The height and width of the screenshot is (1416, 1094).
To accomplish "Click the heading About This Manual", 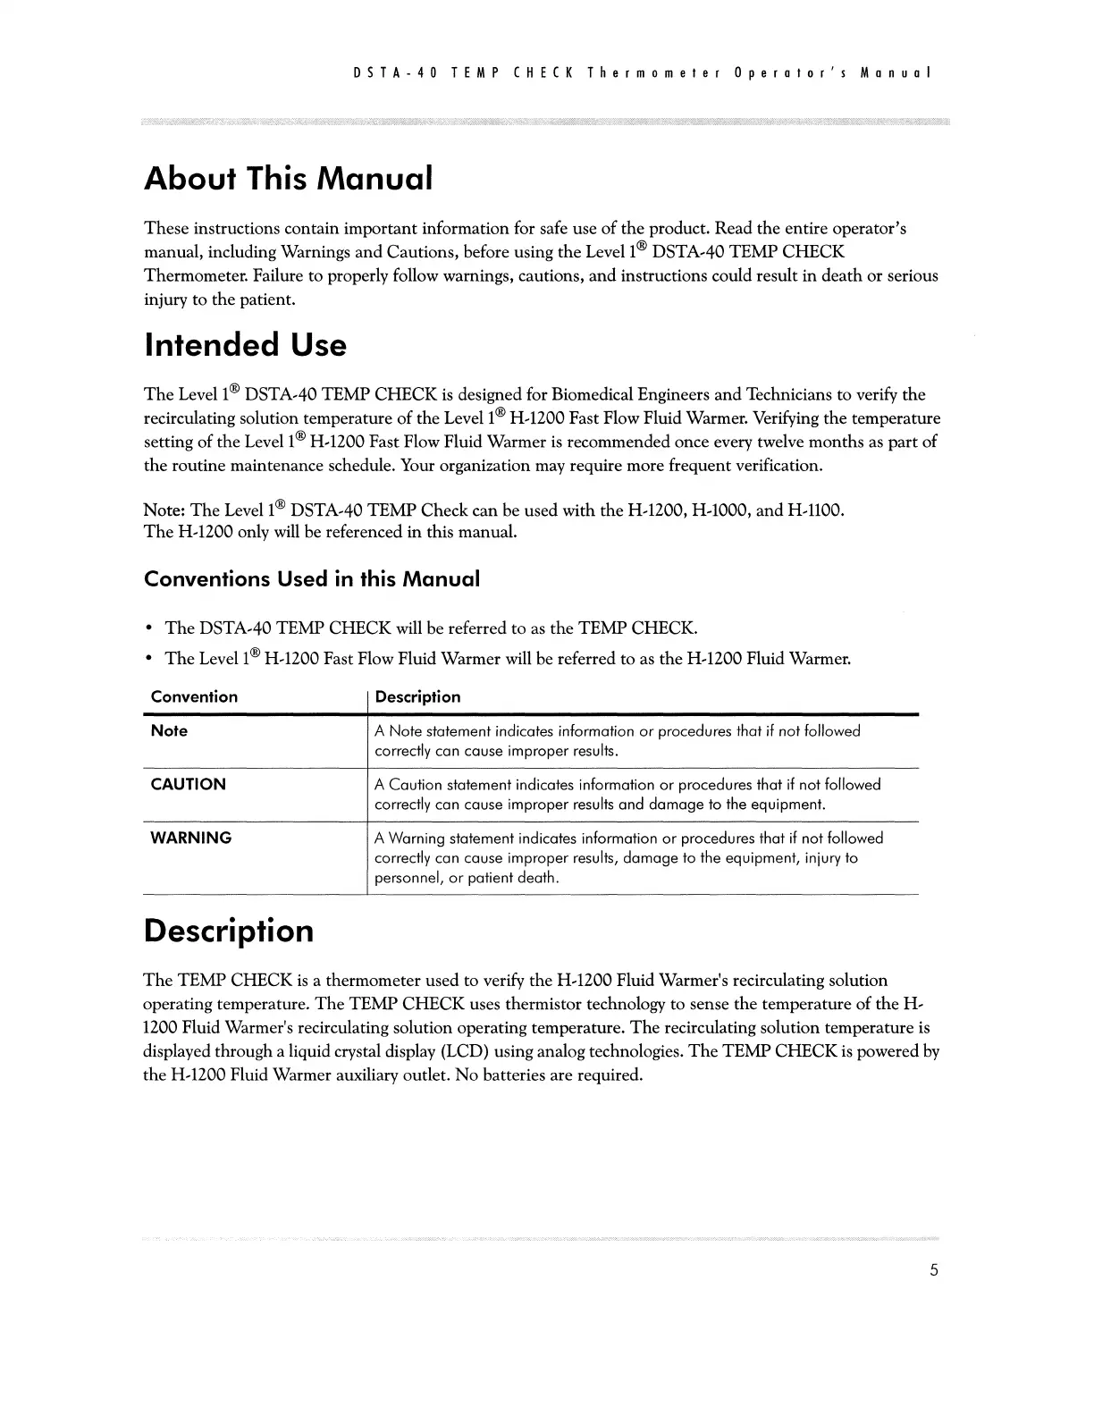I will click(289, 179).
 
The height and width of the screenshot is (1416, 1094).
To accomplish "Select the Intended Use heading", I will click(245, 345).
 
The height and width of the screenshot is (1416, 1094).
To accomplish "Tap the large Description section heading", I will click(229, 931).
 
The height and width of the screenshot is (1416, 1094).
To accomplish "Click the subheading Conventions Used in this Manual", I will click(312, 579).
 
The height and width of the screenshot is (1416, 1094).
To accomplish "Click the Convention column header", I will click(194, 697).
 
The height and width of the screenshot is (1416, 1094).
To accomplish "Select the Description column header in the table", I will click(417, 697).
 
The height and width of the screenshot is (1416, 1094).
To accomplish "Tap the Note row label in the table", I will click(169, 731).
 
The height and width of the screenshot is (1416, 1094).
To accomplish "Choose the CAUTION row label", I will click(188, 785).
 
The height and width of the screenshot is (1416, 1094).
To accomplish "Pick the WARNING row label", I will click(190, 839).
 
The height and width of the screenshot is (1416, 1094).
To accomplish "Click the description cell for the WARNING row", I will click(628, 858).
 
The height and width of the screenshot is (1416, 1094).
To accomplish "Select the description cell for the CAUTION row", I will click(627, 795).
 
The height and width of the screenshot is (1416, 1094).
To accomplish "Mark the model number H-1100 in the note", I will click(814, 510).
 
